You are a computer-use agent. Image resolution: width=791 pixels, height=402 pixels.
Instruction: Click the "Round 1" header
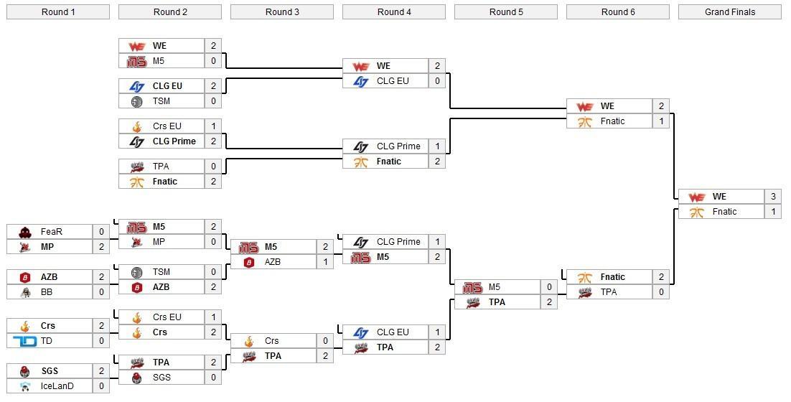coord(58,11)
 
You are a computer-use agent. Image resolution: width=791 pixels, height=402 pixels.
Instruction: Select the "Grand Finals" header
coord(730,11)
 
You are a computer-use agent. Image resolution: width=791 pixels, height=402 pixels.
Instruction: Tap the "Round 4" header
coord(394,11)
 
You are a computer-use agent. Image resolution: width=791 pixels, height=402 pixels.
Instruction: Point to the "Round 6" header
coord(618,11)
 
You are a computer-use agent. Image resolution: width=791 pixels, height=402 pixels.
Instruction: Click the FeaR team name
coord(52,232)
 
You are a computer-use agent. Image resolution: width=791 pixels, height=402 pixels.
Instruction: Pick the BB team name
coord(47,292)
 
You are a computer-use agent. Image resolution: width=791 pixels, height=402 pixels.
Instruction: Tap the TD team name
coord(47,341)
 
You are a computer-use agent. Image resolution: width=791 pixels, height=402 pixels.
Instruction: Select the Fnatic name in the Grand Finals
coord(724,212)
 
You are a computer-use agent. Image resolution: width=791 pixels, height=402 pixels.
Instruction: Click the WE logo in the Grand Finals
coord(696,197)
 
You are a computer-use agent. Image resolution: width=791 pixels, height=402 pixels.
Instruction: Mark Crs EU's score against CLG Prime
coord(213,126)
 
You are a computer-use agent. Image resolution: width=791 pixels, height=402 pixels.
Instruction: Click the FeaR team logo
coord(25,232)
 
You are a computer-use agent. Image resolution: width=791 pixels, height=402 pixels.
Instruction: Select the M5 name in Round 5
coord(495,287)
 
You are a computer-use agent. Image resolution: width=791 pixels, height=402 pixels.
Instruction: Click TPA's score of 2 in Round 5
coord(549,302)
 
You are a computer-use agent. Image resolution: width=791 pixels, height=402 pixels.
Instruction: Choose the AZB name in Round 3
coord(273,262)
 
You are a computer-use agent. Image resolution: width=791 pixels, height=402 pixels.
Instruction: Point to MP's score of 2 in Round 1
coord(101,247)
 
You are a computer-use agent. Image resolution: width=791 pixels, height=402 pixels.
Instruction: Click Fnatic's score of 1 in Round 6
coord(661,121)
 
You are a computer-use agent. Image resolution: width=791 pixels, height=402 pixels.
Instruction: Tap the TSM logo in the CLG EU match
coord(137,102)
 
